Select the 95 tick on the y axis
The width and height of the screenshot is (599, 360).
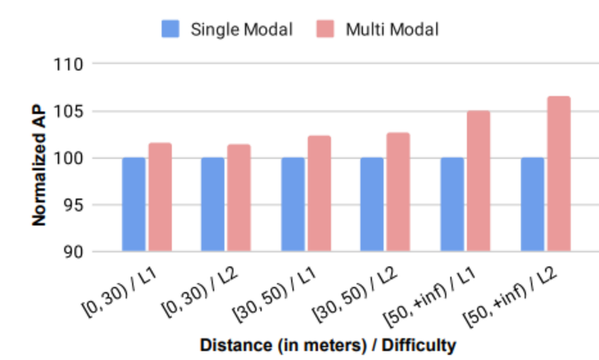[x=76, y=205]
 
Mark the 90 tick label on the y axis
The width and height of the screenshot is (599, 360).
[x=76, y=251]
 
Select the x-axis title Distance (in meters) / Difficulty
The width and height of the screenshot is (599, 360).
[x=329, y=343]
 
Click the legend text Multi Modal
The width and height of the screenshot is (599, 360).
[x=391, y=29]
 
